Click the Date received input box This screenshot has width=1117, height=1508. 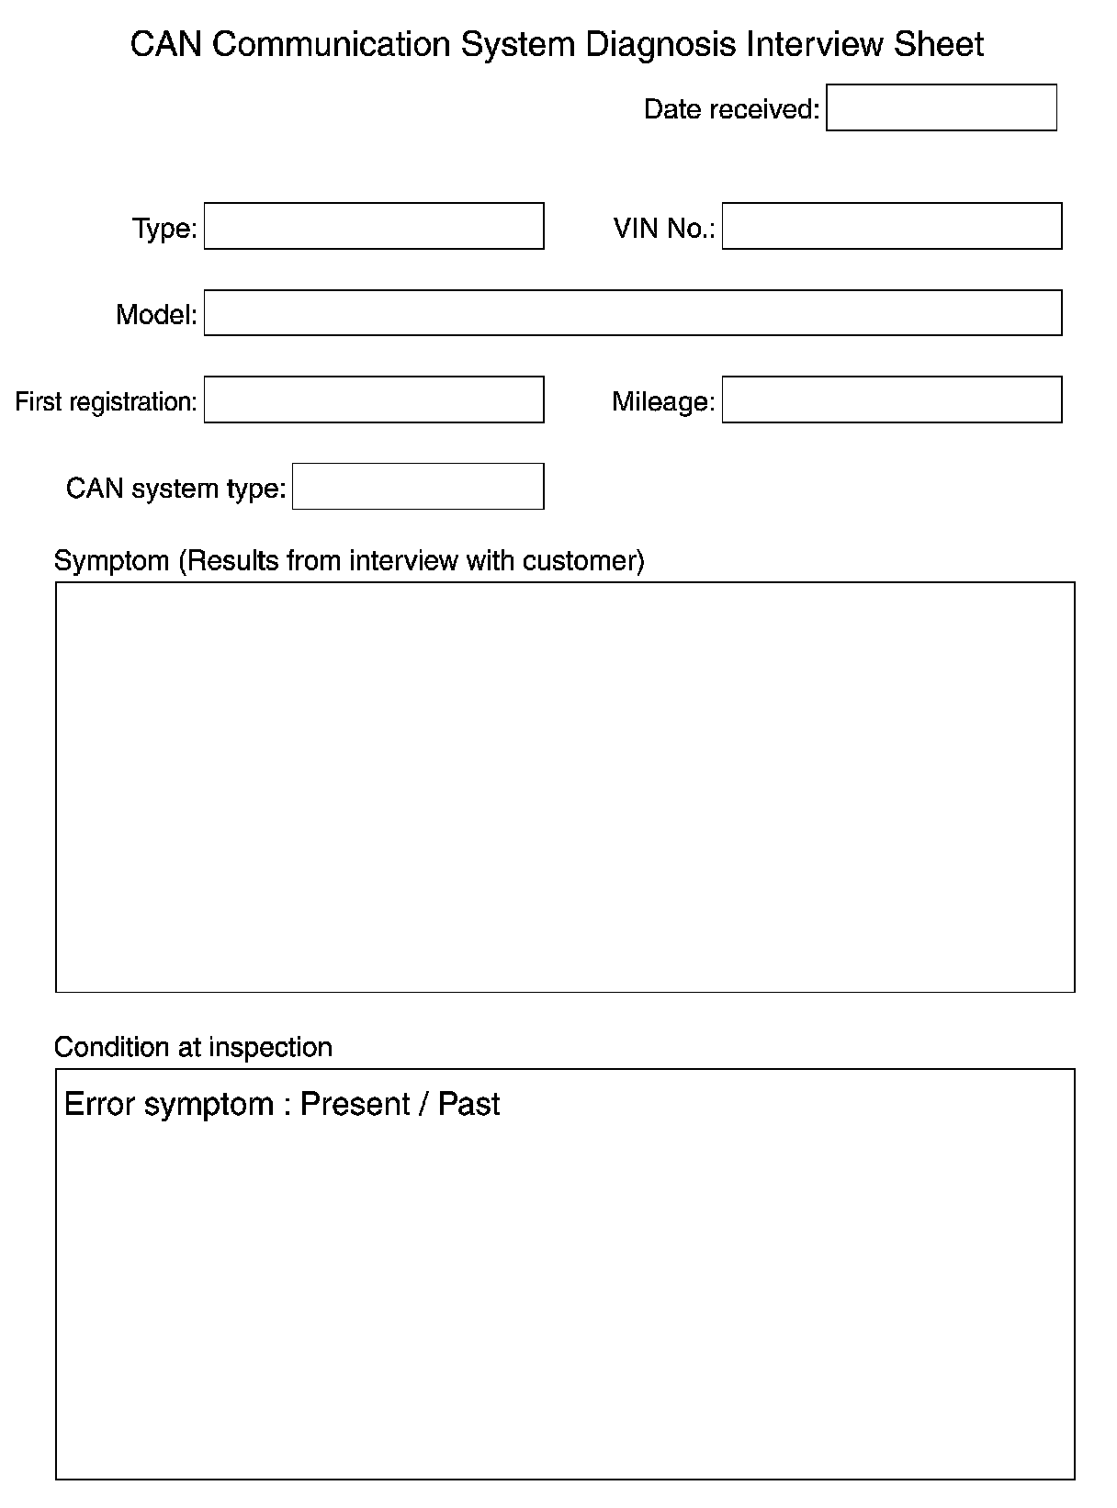click(941, 107)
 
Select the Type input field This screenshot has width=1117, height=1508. click(373, 226)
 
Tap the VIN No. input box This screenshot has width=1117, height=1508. click(891, 226)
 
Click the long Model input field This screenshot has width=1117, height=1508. click(632, 313)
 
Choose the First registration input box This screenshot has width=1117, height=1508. click(373, 400)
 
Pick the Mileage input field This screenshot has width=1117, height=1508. click(891, 400)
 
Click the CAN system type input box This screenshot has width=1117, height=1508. click(417, 486)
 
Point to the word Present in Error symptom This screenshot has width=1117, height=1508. click(355, 1104)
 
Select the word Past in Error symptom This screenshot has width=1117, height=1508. click(468, 1104)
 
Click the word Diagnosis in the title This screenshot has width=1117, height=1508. click(661, 45)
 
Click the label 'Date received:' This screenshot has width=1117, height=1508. click(731, 109)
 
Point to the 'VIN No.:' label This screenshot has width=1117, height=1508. click(663, 228)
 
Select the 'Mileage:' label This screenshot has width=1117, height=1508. click(662, 401)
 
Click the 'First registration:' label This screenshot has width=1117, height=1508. click(106, 401)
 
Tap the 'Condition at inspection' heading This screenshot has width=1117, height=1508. click(193, 1047)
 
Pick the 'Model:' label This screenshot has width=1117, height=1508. click(156, 315)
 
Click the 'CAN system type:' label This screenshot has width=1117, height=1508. click(176, 488)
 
